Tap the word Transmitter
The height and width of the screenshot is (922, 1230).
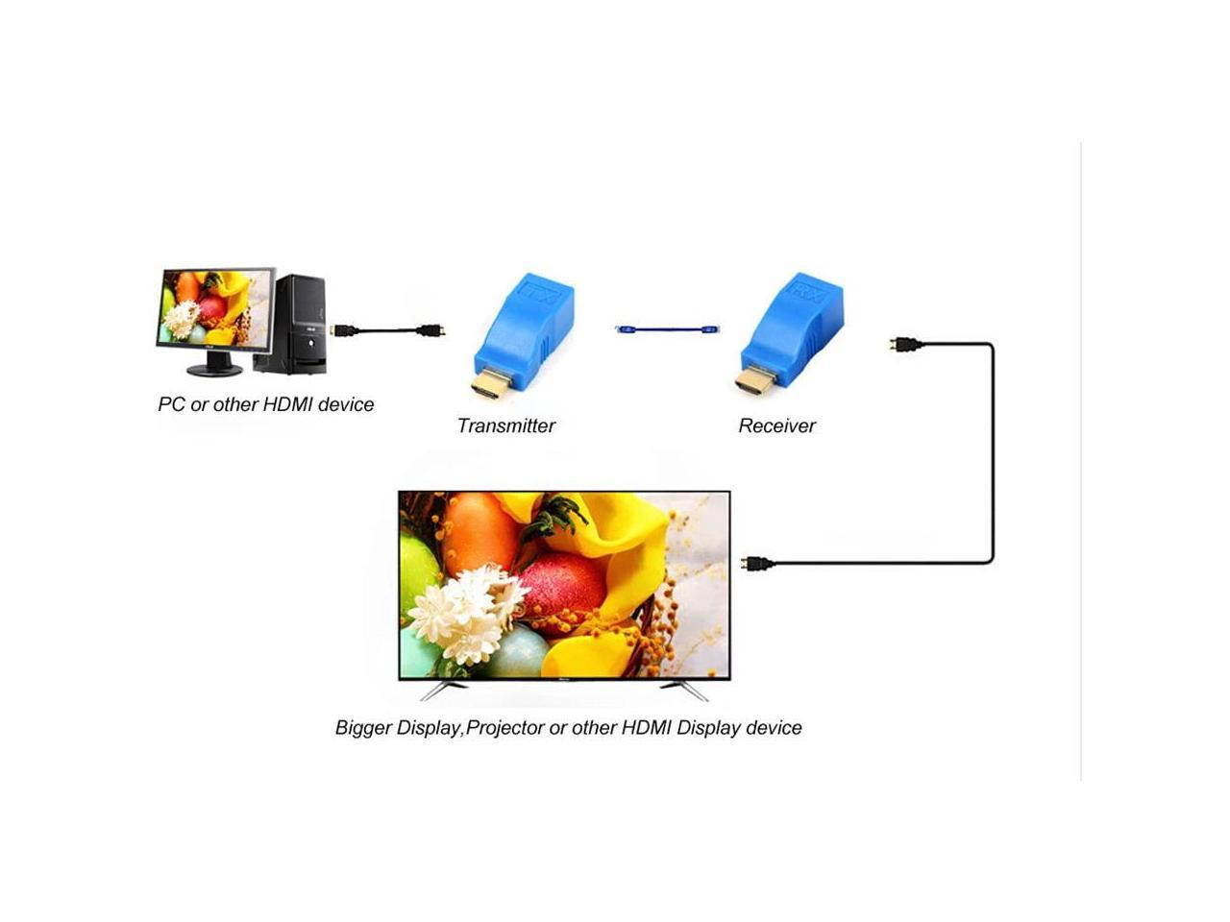click(x=505, y=425)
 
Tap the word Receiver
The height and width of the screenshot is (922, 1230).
click(x=776, y=425)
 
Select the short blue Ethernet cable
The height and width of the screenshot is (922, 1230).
click(x=667, y=329)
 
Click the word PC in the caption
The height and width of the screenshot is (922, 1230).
click(x=170, y=404)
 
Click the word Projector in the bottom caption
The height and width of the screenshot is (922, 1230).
click(x=504, y=728)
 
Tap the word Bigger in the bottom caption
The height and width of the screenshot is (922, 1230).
click(x=362, y=728)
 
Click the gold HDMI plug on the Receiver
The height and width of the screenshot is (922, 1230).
click(x=755, y=384)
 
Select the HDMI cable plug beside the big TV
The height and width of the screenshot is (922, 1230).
click(x=757, y=564)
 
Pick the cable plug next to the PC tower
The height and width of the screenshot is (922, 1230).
click(x=341, y=330)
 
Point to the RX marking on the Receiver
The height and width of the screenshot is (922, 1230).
click(x=807, y=292)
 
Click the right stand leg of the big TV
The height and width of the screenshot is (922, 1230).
click(x=683, y=689)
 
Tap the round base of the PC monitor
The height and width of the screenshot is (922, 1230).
click(x=214, y=370)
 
